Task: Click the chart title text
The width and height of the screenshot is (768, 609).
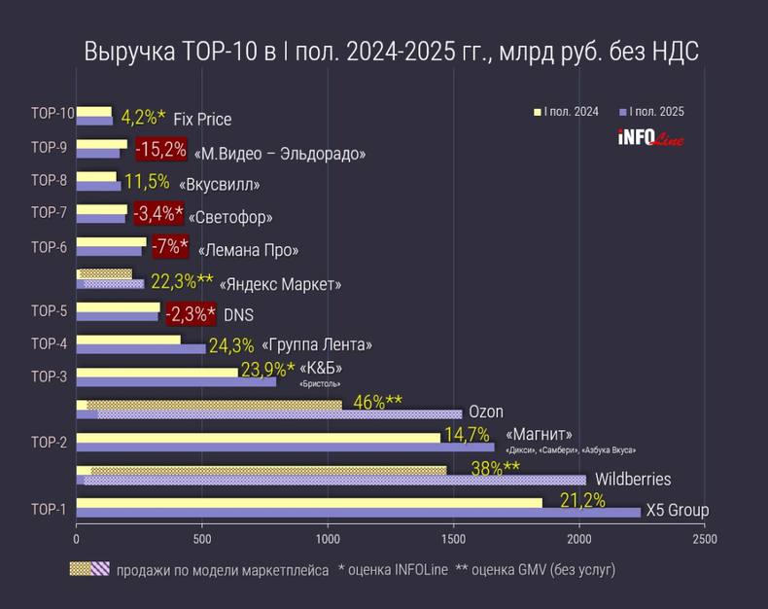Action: (x=391, y=52)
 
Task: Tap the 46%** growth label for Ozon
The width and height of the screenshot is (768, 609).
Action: (x=377, y=403)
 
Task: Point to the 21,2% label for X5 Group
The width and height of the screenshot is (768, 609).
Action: (x=582, y=501)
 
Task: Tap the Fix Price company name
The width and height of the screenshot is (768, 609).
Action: (x=202, y=120)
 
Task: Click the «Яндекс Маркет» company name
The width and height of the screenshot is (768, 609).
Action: (x=281, y=285)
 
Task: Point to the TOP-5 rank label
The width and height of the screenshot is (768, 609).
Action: (x=49, y=311)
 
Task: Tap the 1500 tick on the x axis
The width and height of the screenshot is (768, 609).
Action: (x=453, y=538)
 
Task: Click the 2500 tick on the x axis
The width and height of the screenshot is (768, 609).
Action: (x=705, y=538)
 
